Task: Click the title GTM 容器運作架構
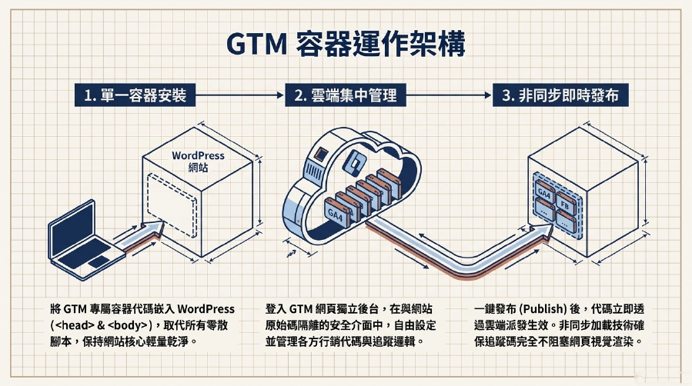pyautogui.click(x=346, y=44)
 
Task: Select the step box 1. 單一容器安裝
pyautogui.click(x=135, y=95)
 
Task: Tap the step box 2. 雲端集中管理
pyautogui.click(x=345, y=95)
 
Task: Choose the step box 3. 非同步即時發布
pyautogui.click(x=560, y=95)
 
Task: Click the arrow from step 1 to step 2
pyautogui.click(x=239, y=95)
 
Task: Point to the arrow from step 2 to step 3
pyautogui.click(x=449, y=95)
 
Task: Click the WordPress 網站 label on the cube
pyautogui.click(x=198, y=161)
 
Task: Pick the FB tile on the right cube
pyautogui.click(x=565, y=204)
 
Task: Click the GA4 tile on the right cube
pyautogui.click(x=544, y=191)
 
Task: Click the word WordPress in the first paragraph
pyautogui.click(x=206, y=309)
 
